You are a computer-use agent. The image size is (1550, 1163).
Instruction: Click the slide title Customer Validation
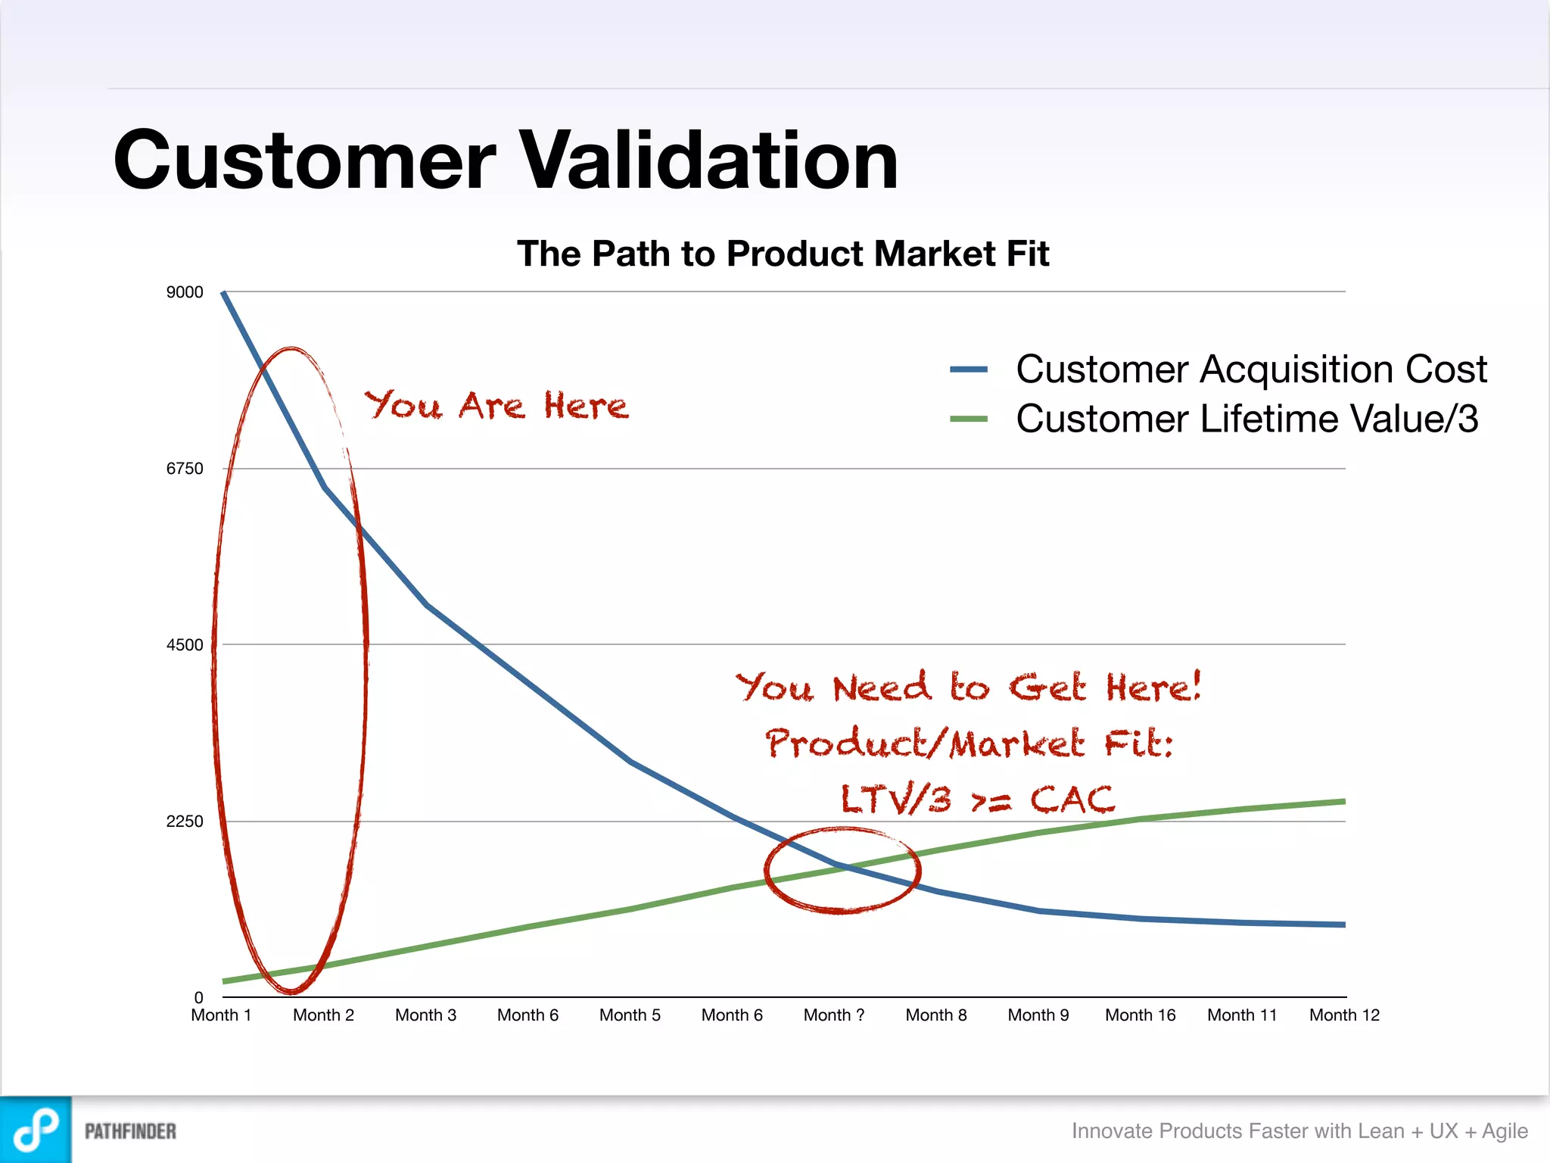point(506,161)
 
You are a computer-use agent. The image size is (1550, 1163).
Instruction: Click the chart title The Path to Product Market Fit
point(783,254)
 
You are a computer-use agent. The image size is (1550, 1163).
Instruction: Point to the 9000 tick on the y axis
point(185,292)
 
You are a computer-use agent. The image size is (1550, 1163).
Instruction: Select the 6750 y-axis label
point(185,469)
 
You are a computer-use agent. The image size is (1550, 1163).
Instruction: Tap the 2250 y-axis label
point(185,822)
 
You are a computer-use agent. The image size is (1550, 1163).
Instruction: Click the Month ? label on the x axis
point(834,1015)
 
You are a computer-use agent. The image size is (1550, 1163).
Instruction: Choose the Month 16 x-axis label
point(1140,1015)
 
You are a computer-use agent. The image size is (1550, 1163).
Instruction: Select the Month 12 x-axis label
point(1344,1015)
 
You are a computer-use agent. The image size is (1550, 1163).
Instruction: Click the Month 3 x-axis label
point(425,1015)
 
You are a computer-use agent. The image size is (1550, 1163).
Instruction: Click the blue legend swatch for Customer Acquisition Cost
point(969,369)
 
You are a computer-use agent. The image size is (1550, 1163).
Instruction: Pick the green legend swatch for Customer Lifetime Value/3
point(969,419)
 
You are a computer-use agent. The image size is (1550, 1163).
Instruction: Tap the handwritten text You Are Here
point(496,406)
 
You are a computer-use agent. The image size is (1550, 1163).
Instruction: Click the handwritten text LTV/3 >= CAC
point(977,800)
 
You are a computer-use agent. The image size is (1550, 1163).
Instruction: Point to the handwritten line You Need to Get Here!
point(968,688)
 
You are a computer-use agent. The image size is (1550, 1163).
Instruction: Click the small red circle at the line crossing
point(842,871)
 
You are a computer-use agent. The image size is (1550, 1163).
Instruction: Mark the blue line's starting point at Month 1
point(223,293)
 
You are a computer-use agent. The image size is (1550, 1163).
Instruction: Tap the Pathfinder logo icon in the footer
point(36,1130)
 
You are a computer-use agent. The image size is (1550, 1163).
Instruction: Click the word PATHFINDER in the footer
point(130,1131)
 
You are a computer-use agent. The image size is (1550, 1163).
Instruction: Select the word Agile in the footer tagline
point(1505,1131)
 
